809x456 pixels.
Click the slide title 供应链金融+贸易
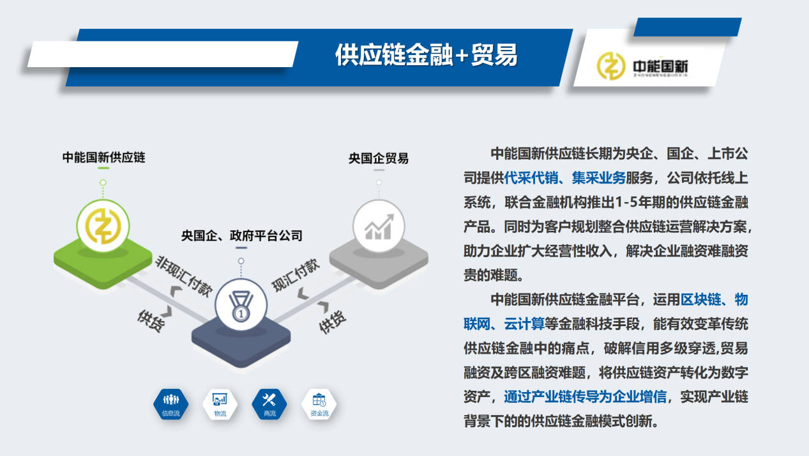pos(427,55)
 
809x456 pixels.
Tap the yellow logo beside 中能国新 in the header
pos(610,66)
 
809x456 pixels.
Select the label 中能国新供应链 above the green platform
pos(103,157)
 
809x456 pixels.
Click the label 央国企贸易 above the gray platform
pos(379,159)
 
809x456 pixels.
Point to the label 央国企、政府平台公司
pos(241,236)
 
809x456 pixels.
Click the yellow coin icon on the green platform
pos(103,226)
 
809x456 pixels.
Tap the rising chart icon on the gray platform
pos(379,227)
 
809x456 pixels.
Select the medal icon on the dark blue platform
pos(241,305)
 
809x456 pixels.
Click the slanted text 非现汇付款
pos(184,276)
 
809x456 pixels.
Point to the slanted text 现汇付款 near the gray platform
pos(296,275)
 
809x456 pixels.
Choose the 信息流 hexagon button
pos(171,404)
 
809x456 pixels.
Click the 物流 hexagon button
pos(220,404)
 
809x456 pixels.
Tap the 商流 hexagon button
pos(269,404)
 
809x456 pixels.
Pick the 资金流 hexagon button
pos(319,404)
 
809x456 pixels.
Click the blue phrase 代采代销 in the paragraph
pos(531,178)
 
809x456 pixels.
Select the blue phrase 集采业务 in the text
pos(599,178)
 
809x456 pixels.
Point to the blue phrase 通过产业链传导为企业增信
pos(585,397)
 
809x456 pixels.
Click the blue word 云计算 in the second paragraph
pos(524,324)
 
